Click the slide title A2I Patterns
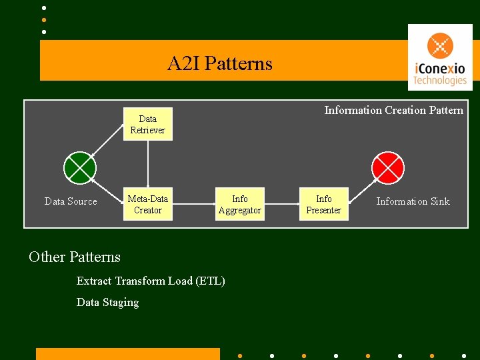tap(219, 64)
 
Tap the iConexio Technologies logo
tap(439, 57)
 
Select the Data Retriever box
tap(147, 125)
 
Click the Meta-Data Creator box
tap(147, 205)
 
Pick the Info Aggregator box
tap(239, 205)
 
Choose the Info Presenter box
tap(323, 205)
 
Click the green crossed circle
tap(80, 167)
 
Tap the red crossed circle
tap(387, 167)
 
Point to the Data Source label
tap(71, 201)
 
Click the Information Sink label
tap(413, 201)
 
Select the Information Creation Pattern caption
tap(393, 111)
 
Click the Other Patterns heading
tap(75, 257)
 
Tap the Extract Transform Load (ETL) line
tap(151, 281)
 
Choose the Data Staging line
tap(108, 303)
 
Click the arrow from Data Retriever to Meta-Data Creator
tap(148, 164)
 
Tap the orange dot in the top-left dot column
tap(43, 20)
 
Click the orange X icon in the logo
tap(440, 47)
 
